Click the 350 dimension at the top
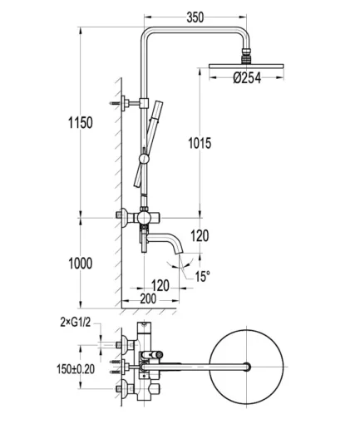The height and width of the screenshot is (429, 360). [195, 17]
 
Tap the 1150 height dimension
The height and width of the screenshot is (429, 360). [81, 123]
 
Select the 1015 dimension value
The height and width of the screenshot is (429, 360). [200, 143]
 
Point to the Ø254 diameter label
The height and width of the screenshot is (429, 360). [247, 78]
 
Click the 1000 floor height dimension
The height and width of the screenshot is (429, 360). [81, 264]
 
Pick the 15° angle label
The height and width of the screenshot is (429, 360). [202, 276]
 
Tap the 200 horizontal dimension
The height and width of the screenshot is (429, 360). [148, 298]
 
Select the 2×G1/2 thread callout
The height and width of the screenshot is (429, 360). [76, 322]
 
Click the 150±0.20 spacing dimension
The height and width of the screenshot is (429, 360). [76, 369]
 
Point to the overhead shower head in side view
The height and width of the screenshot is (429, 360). [246, 66]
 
